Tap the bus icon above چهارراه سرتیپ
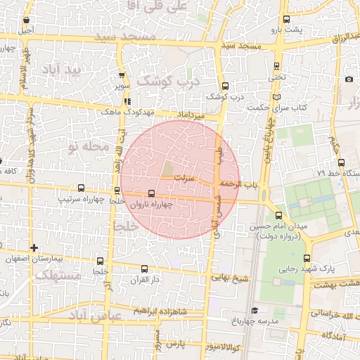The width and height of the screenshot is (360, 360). (x=81, y=188)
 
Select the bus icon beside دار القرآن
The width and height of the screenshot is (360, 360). (x=144, y=269)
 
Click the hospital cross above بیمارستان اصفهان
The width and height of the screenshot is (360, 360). (x=34, y=247)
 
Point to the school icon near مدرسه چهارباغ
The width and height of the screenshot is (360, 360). (x=254, y=310)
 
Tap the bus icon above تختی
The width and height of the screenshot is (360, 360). (x=276, y=67)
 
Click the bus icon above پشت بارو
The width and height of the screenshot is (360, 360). (x=285, y=20)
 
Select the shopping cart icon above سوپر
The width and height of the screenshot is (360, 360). (x=122, y=75)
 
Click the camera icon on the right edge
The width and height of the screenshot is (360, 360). (x=349, y=79)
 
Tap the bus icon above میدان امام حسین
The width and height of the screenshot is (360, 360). (x=279, y=216)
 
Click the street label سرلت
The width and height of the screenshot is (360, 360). (x=184, y=179)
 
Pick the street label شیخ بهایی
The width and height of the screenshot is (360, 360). (x=232, y=278)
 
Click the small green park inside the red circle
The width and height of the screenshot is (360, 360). (x=167, y=169)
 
